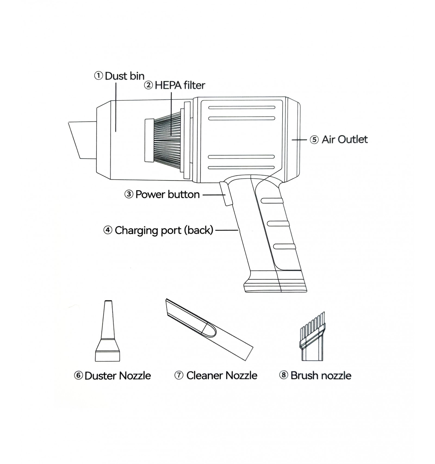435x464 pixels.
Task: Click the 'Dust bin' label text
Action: [125, 76]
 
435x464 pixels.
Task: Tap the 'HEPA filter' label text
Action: [180, 85]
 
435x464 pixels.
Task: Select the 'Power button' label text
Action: [167, 195]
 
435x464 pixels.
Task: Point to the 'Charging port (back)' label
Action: [164, 230]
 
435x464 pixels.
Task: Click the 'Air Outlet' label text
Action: [344, 139]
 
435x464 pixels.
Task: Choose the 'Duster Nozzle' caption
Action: [117, 376]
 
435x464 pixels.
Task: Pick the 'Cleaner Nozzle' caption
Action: [222, 376]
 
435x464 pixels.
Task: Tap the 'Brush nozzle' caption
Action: [321, 376]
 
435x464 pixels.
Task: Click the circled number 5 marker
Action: [314, 140]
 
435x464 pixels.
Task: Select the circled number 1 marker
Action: [98, 76]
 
